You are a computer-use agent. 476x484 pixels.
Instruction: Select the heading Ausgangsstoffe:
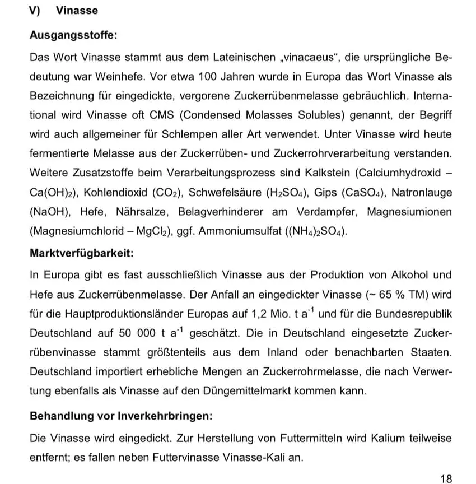tap(73, 35)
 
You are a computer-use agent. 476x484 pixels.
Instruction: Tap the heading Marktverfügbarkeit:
tap(81, 253)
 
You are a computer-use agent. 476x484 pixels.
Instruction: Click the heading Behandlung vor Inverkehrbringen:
tap(121, 417)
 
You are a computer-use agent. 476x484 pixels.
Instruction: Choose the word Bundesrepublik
tap(413, 313)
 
